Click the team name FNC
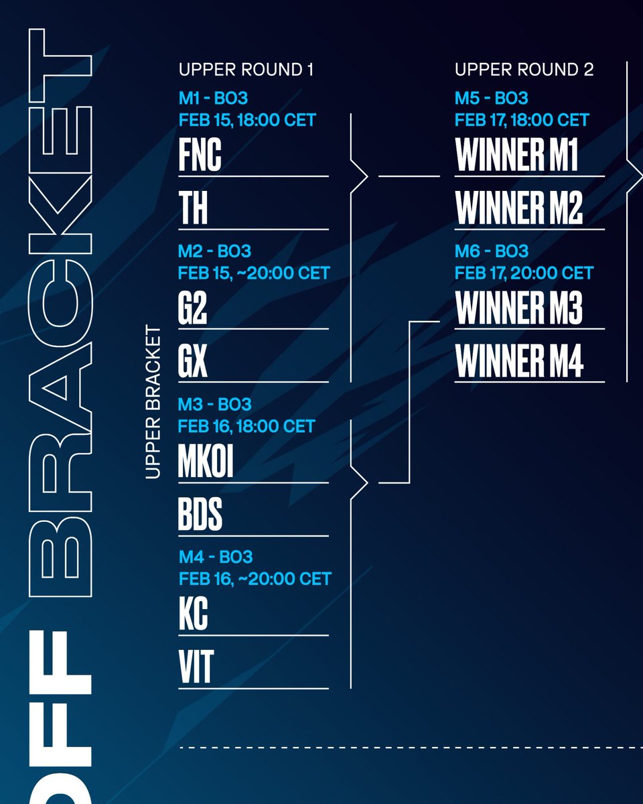pyautogui.click(x=200, y=156)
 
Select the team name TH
pyautogui.click(x=193, y=209)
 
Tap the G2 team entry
pyautogui.click(x=193, y=309)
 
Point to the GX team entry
pyautogui.click(x=193, y=362)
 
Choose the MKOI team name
pyautogui.click(x=206, y=462)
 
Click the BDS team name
pyautogui.click(x=200, y=516)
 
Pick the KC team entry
pyautogui.click(x=193, y=615)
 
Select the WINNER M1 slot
pyautogui.click(x=516, y=156)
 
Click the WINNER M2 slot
pyautogui.click(x=518, y=209)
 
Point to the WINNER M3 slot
pyautogui.click(x=518, y=309)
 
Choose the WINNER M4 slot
pyautogui.click(x=519, y=362)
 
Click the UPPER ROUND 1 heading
pyautogui.click(x=246, y=70)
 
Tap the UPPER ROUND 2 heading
pyautogui.click(x=524, y=70)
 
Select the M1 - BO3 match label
pyautogui.click(x=213, y=98)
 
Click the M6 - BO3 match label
pyautogui.click(x=492, y=252)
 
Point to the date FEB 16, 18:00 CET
pyautogui.click(x=246, y=426)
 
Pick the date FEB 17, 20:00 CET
pyautogui.click(x=524, y=273)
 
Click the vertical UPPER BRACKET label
pyautogui.click(x=153, y=403)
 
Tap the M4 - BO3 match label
pyautogui.click(x=215, y=557)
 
